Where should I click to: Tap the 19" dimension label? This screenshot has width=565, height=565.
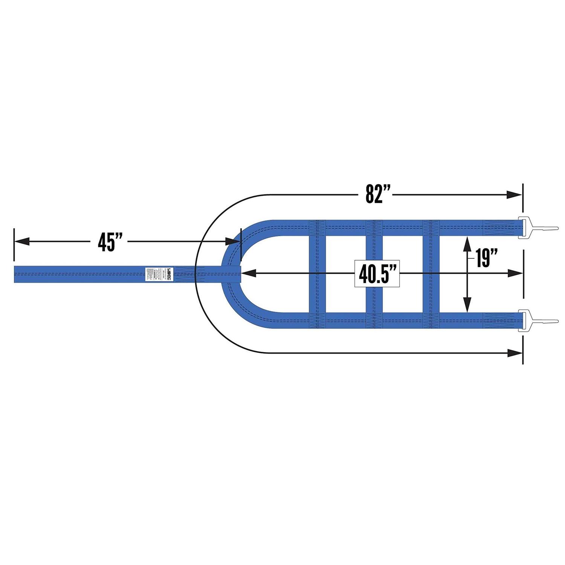[x=486, y=258]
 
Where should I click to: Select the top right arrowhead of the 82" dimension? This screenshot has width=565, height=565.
[x=515, y=195]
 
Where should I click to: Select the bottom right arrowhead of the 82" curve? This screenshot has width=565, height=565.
[x=515, y=353]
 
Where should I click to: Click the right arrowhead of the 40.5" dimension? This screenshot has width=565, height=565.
[x=515, y=274]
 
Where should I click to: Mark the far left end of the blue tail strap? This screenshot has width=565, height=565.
[x=16, y=274]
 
